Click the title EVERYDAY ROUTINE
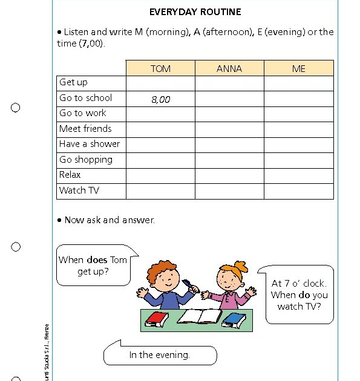pyautogui.click(x=195, y=11)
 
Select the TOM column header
pyautogui.click(x=160, y=68)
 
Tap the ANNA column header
pyautogui.click(x=229, y=68)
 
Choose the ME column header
pyautogui.click(x=299, y=68)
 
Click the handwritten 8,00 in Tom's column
pyautogui.click(x=160, y=99)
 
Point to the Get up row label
pyautogui.click(x=73, y=82)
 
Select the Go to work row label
pyautogui.click(x=83, y=113)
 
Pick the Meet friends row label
pyautogui.click(x=85, y=129)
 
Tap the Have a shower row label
pyautogui.click(x=90, y=144)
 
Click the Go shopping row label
pyautogui.click(x=86, y=160)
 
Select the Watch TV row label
pyautogui.click(x=79, y=190)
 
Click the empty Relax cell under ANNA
pyautogui.click(x=229, y=175)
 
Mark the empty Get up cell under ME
pyautogui.click(x=299, y=83)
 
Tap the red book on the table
pyautogui.click(x=155, y=319)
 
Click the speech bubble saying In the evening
pyautogui.click(x=160, y=355)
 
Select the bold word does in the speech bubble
pyautogui.click(x=97, y=260)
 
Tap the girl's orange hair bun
pyautogui.click(x=242, y=266)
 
